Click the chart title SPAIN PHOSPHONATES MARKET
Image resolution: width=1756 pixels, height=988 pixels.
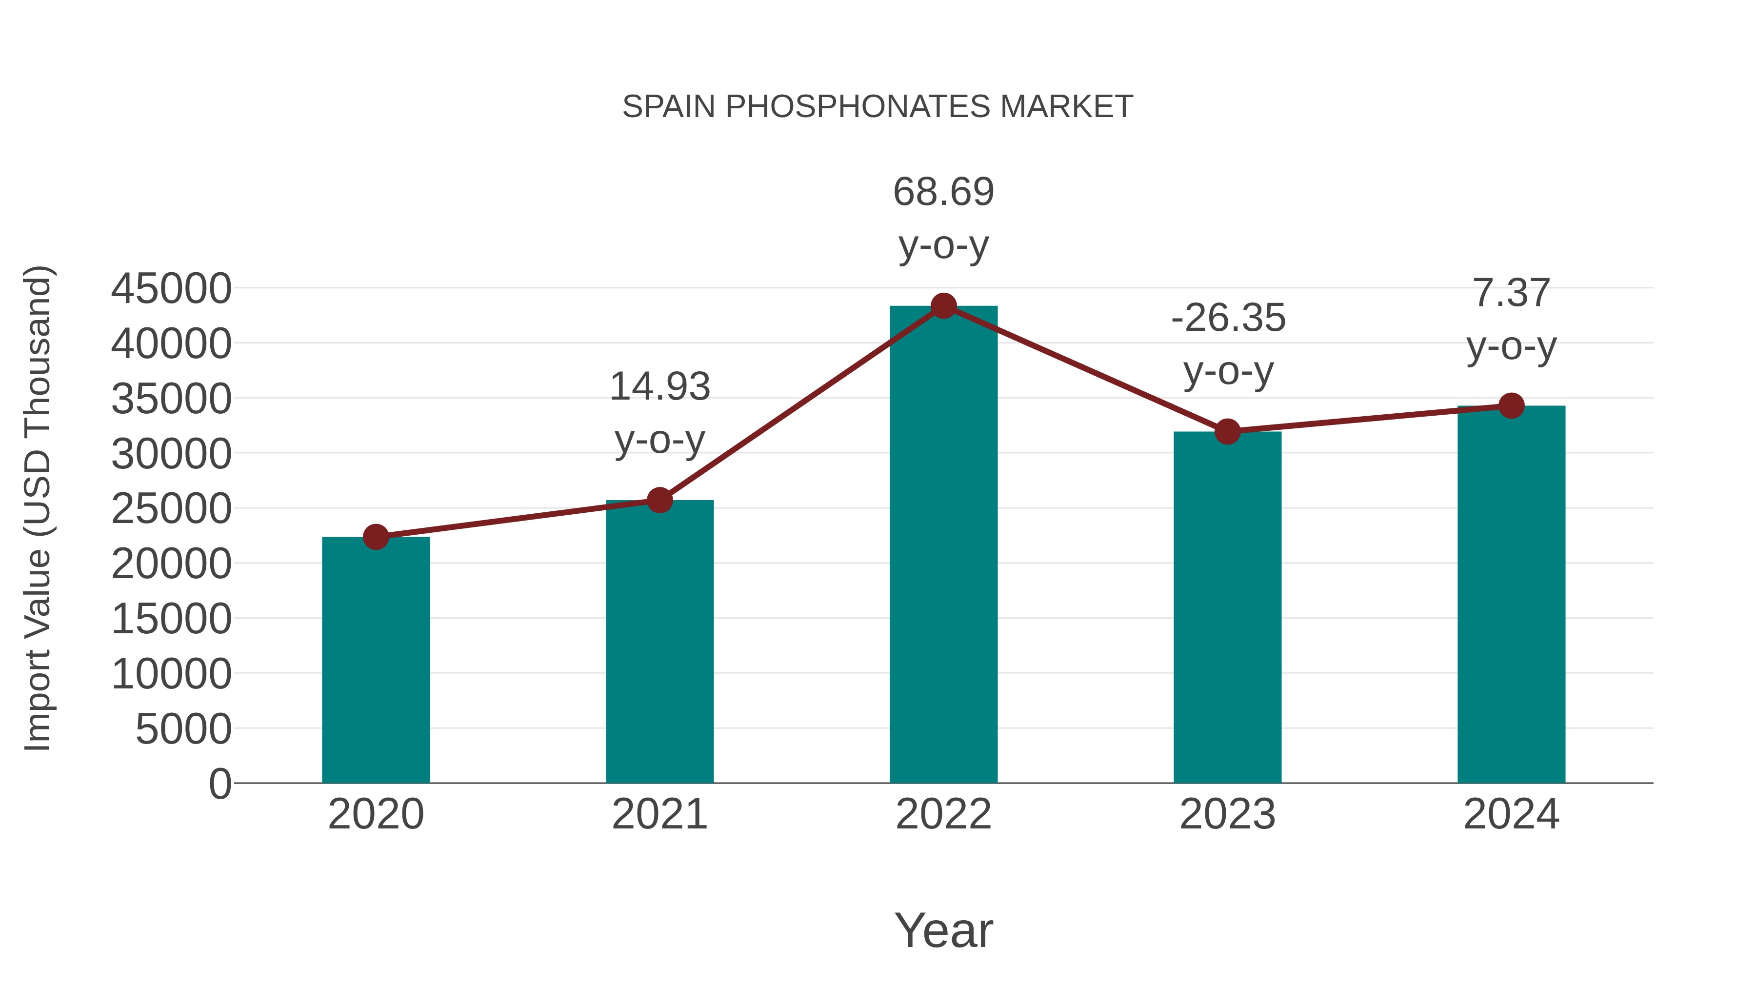click(x=878, y=107)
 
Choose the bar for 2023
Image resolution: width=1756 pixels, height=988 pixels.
click(x=1227, y=607)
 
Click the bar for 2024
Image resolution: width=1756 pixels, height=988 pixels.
click(x=1511, y=594)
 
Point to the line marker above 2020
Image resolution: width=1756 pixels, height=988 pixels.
click(x=376, y=537)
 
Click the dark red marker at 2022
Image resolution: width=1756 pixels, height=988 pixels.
click(x=943, y=306)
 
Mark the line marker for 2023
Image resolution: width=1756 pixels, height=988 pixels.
click(x=1227, y=432)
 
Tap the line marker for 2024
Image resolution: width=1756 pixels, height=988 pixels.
click(x=1511, y=406)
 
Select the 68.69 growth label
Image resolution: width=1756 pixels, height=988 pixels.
click(x=943, y=192)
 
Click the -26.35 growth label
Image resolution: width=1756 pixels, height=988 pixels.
click(x=1228, y=319)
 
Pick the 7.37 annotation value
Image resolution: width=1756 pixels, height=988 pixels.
click(x=1511, y=293)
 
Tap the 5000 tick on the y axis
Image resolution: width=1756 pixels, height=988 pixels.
click(x=183, y=729)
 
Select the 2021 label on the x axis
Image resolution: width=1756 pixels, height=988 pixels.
click(x=659, y=815)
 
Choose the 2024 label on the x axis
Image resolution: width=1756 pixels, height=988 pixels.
click(x=1511, y=815)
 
